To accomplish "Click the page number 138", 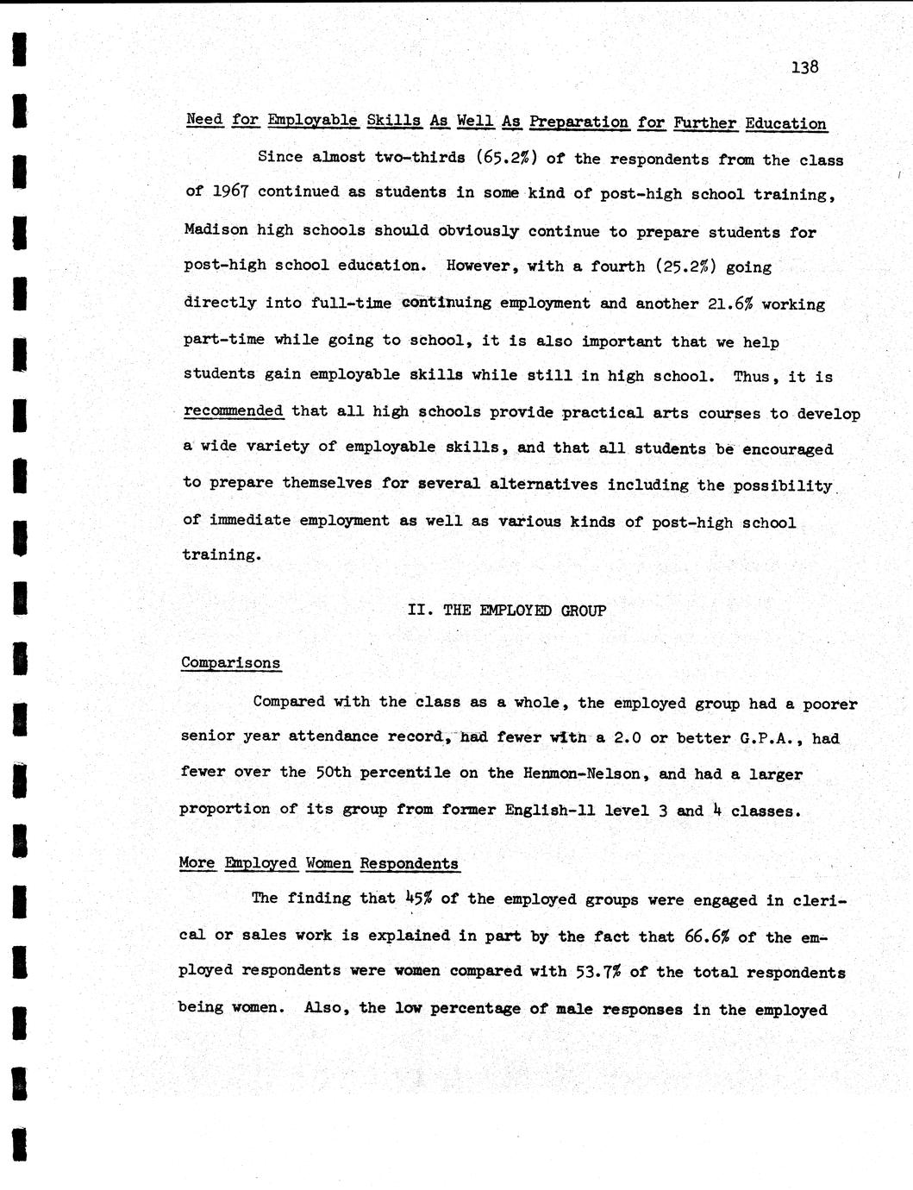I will pyautogui.click(x=804, y=66).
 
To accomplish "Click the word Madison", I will pyautogui.click(x=215, y=229).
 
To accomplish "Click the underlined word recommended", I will pyautogui.click(x=234, y=411).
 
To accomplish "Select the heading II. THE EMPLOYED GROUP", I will pyautogui.click(x=506, y=611).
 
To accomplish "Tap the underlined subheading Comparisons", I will pyautogui.click(x=230, y=663).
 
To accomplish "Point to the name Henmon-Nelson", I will pyautogui.click(x=581, y=773).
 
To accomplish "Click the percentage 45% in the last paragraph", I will pyautogui.click(x=417, y=899).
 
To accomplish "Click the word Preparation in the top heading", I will pyautogui.click(x=578, y=122).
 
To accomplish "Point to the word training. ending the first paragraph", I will pyautogui.click(x=221, y=554).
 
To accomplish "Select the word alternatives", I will pyautogui.click(x=543, y=484).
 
